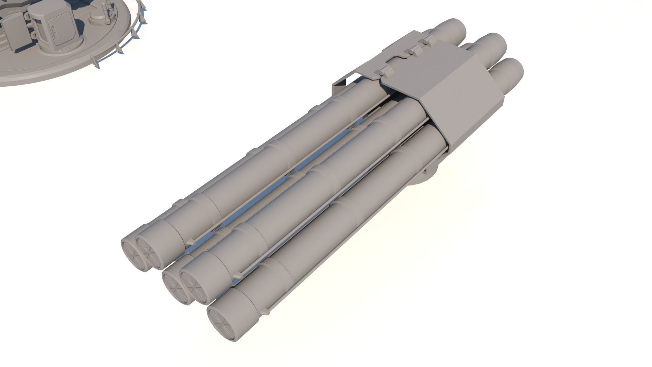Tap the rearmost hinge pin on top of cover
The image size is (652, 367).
click(x=426, y=41)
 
